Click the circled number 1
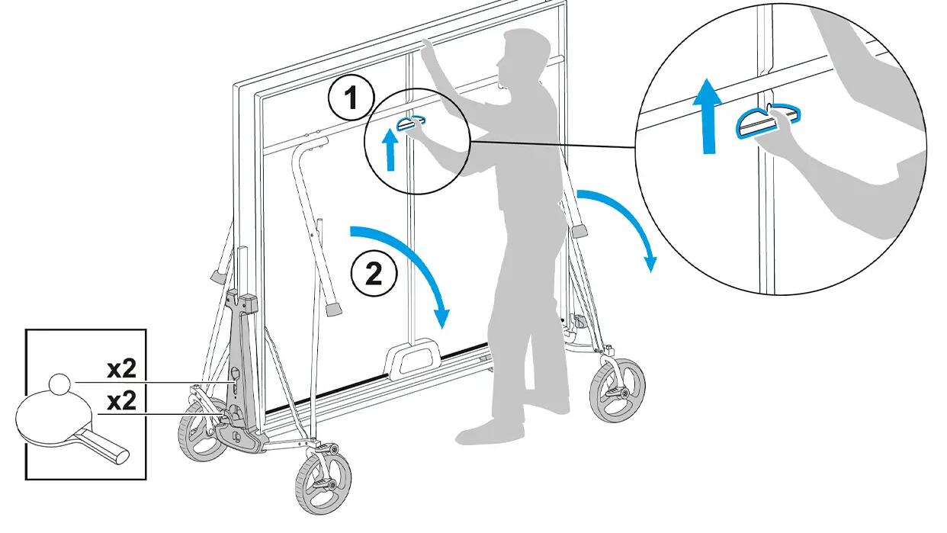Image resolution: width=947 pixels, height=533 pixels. tap(352, 98)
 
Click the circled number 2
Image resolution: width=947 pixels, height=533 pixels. tap(374, 274)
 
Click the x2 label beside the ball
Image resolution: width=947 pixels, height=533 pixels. tap(122, 370)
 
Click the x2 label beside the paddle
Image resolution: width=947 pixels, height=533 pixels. tap(122, 401)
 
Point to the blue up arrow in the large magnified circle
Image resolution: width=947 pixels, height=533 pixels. tap(708, 115)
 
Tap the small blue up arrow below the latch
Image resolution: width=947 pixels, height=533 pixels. tap(390, 149)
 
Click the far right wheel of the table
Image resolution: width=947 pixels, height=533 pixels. tap(618, 390)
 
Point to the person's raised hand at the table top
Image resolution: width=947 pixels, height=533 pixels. tap(428, 49)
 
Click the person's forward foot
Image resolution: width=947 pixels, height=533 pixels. tap(490, 432)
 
